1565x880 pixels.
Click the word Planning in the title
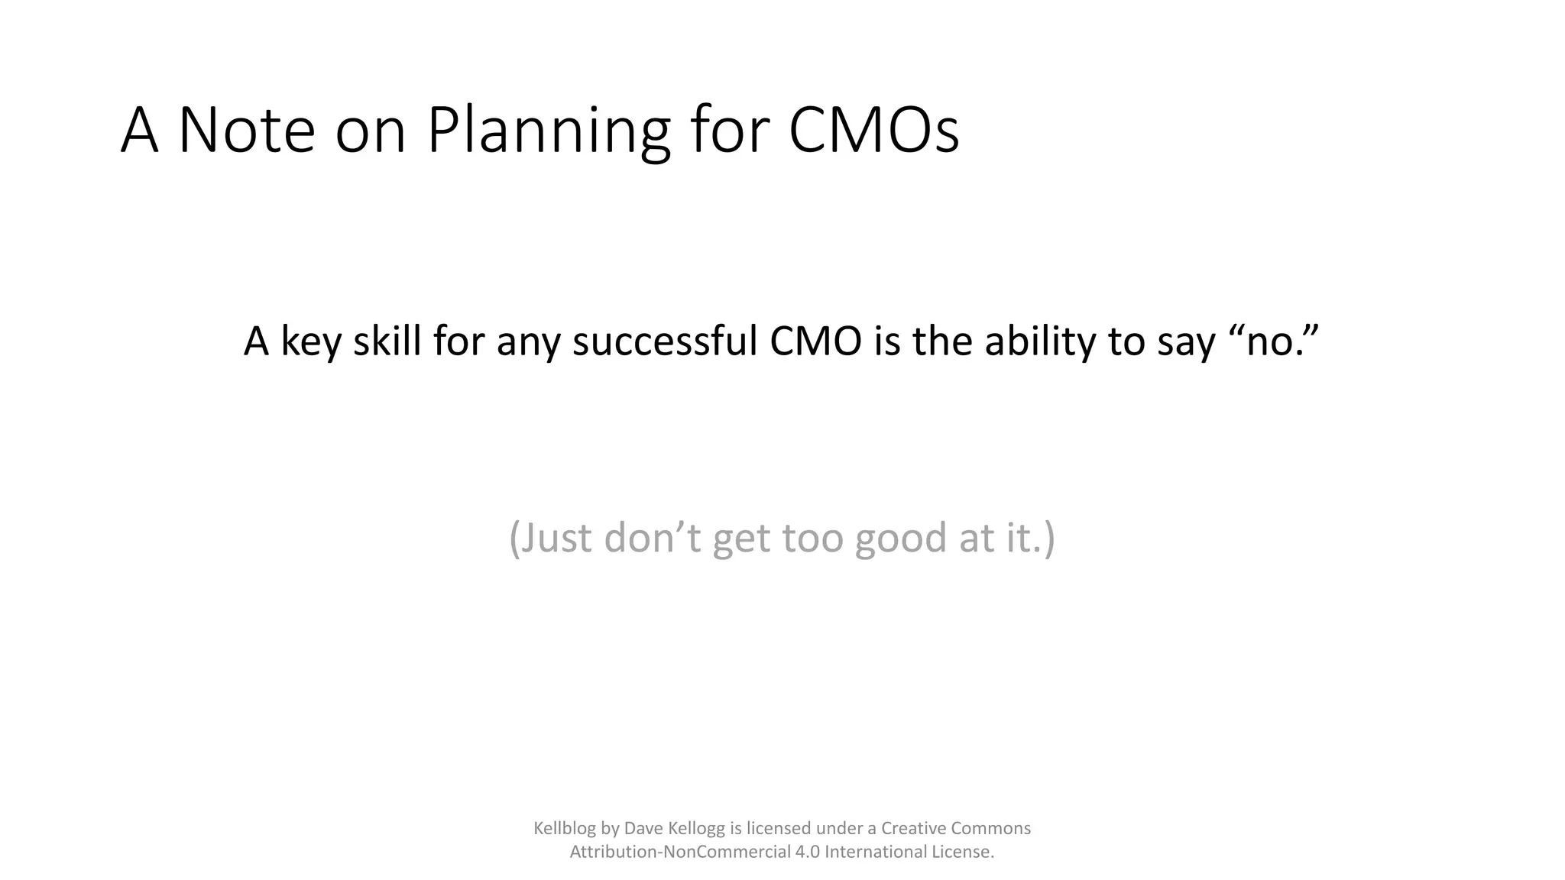[548, 131]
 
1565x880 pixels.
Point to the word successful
[665, 341]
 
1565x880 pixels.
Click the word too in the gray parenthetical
[812, 538]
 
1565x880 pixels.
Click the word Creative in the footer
[913, 828]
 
